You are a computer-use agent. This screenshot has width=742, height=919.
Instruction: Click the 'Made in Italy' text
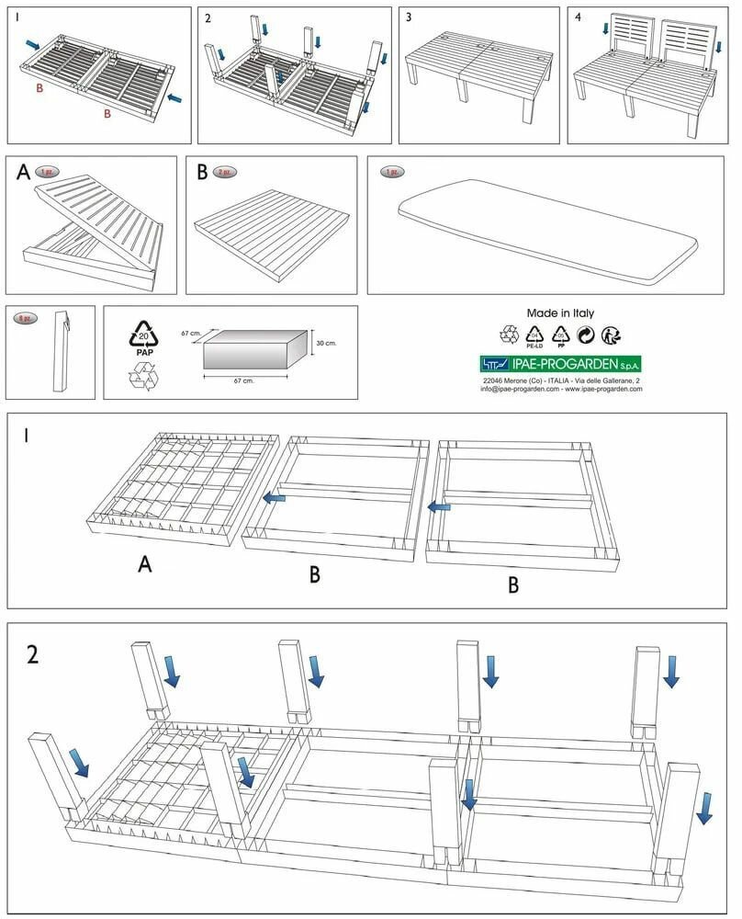click(560, 313)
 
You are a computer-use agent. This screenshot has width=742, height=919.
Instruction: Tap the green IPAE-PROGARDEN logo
click(560, 364)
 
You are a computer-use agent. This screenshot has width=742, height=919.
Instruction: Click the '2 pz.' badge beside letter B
click(226, 172)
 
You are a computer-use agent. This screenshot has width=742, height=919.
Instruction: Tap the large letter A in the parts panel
click(22, 172)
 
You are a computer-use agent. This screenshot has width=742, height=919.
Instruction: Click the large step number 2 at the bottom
click(33, 654)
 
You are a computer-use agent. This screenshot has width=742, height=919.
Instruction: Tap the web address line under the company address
click(560, 389)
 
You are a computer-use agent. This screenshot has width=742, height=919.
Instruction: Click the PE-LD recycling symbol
click(534, 335)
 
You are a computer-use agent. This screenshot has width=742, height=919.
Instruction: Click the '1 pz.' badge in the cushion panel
click(392, 172)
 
